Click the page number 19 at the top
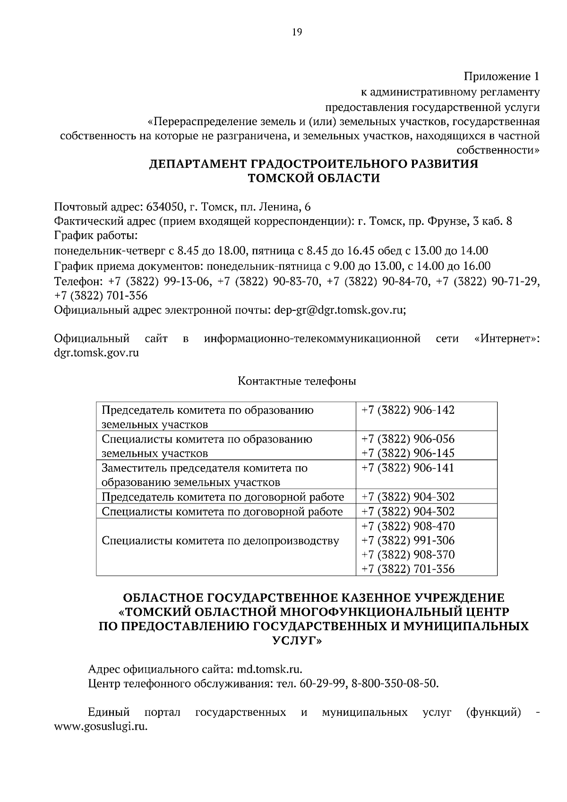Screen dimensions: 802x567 coord(297,32)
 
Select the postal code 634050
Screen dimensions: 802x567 coord(165,207)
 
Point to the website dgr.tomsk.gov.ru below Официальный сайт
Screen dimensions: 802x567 coord(96,352)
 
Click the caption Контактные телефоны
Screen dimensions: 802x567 coord(297,381)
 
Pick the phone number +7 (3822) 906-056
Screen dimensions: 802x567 coord(408,439)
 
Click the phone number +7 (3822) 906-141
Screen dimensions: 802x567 coord(408,468)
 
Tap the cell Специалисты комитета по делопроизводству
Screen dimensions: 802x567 coord(220,540)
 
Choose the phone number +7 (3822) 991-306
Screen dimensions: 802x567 coord(408,540)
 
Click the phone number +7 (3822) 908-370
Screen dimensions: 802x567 coord(408,555)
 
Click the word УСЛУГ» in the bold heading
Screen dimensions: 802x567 coord(297,640)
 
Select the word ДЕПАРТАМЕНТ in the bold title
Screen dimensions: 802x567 coord(198,164)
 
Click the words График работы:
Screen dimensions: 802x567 coord(96,235)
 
